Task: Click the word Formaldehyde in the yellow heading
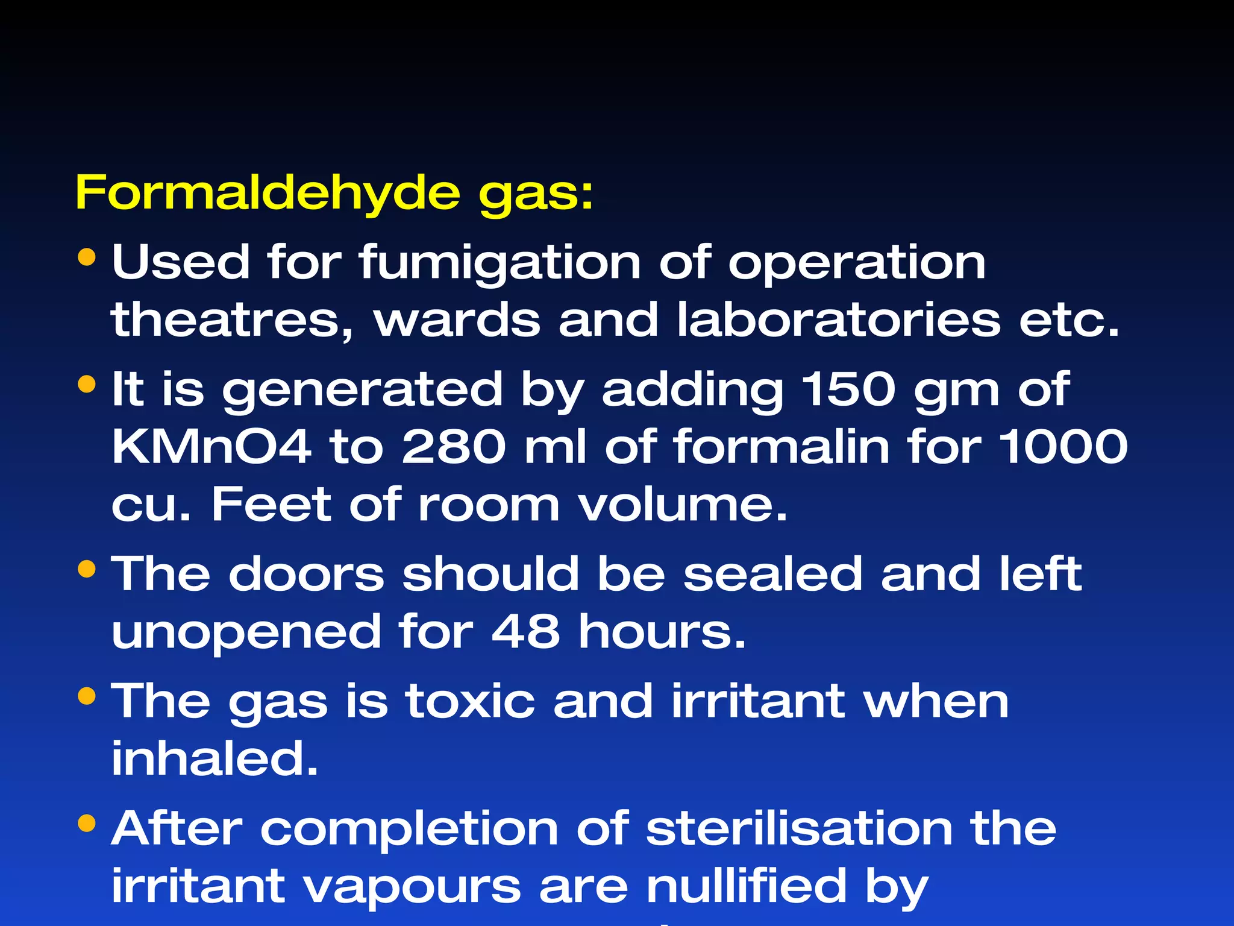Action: (268, 193)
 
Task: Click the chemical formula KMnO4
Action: (211, 447)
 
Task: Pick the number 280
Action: (454, 447)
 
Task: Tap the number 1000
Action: (1063, 447)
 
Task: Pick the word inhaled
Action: (215, 758)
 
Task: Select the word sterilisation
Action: (799, 828)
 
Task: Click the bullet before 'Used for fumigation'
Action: (87, 257)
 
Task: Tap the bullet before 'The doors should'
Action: (87, 569)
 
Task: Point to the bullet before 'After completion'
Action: (87, 823)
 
